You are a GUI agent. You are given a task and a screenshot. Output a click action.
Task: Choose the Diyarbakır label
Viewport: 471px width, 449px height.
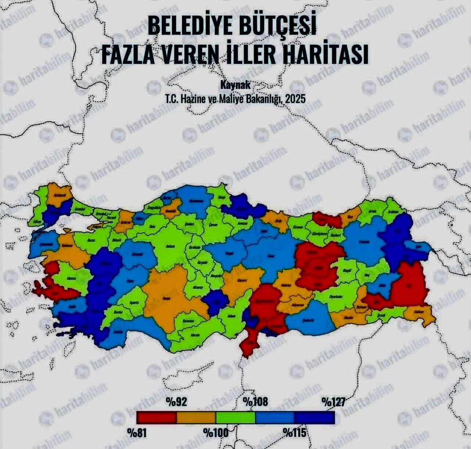coord(335,296)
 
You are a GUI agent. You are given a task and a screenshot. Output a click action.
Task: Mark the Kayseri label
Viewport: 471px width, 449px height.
coord(242,280)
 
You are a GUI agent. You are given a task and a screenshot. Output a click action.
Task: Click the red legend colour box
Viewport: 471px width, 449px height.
coord(156,417)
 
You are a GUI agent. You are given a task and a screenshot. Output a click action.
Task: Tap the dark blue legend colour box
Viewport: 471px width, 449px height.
coord(315,417)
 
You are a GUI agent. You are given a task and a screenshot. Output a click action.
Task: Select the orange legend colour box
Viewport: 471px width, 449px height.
coord(196,417)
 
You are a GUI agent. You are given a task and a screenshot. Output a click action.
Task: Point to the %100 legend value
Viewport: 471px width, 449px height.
coord(215,433)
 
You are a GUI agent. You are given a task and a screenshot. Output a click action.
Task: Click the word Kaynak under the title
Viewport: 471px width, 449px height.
coord(236,85)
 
